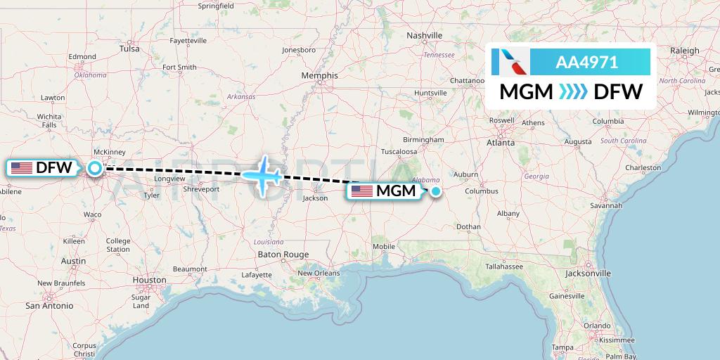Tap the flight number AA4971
point(586,63)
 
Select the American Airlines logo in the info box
point(509,62)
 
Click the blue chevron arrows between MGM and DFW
point(572,91)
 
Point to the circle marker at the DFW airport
point(94,167)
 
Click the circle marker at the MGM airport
point(436,191)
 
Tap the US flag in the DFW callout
point(22,168)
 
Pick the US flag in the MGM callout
point(361,191)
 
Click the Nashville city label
point(425,35)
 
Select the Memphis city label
point(319,76)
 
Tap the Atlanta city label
point(501,142)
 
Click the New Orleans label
point(318,274)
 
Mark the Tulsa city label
point(129,49)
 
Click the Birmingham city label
point(424,139)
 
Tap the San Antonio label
point(49,306)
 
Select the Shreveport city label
point(201,189)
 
